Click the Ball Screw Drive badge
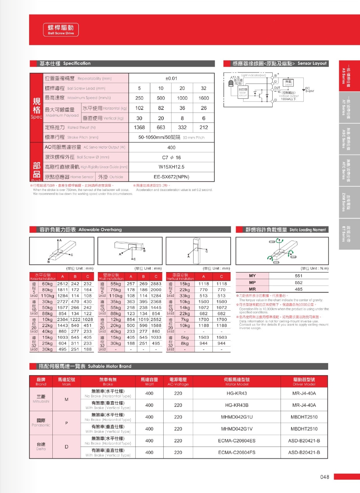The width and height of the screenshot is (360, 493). pyautogui.click(x=61, y=30)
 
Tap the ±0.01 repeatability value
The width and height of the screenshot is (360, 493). pyautogui.click(x=172, y=78)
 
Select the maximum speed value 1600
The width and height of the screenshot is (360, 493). pyautogui.click(x=203, y=98)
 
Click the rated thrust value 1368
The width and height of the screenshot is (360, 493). pyautogui.click(x=139, y=127)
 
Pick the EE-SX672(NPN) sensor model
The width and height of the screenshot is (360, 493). pyautogui.click(x=172, y=177)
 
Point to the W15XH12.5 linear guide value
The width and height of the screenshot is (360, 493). pyautogui.click(x=172, y=167)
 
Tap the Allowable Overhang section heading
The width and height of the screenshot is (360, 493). pyautogui.click(x=80, y=230)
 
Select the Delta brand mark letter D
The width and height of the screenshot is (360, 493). pyautogui.click(x=66, y=447)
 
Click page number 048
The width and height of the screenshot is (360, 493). pyautogui.click(x=324, y=477)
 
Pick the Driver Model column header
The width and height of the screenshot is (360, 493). pyautogui.click(x=304, y=382)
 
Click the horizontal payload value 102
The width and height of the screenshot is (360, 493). pyautogui.click(x=139, y=108)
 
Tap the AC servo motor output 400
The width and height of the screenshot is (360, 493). pyautogui.click(x=172, y=147)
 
